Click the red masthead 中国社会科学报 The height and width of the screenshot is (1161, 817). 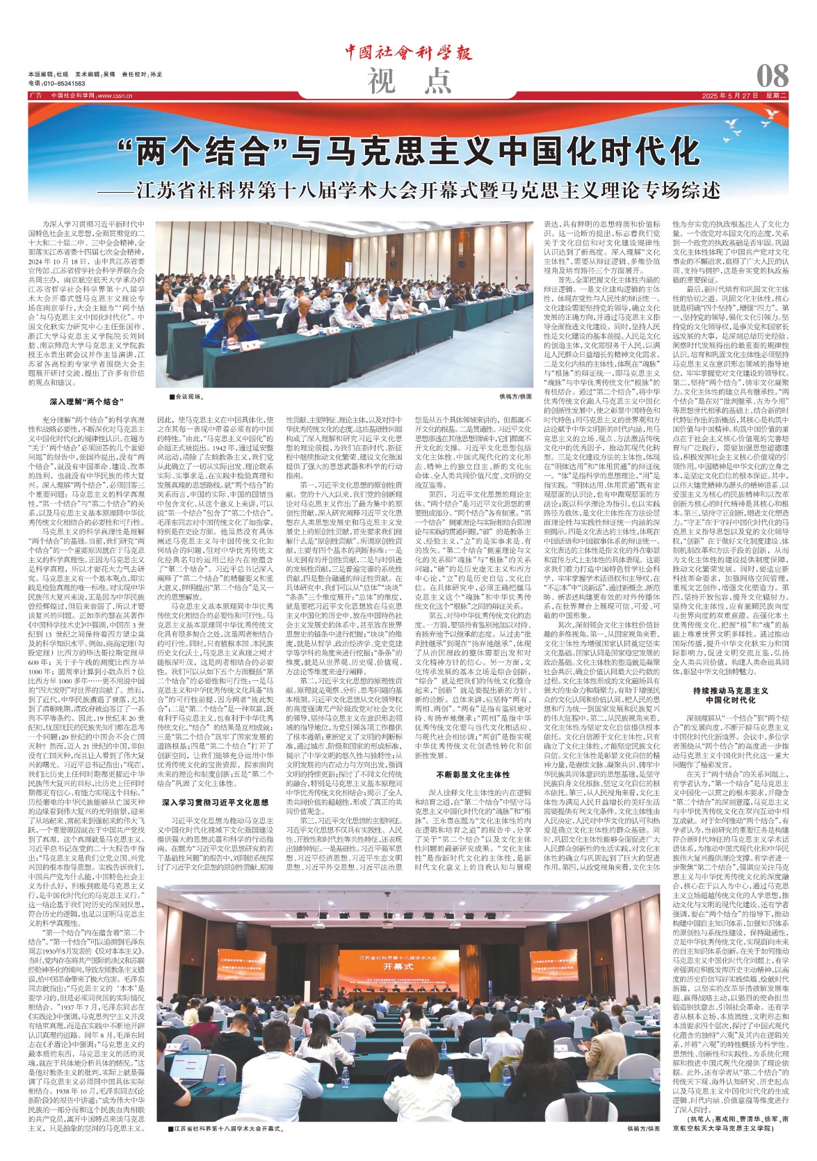point(408,53)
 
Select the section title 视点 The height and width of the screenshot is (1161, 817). point(409,82)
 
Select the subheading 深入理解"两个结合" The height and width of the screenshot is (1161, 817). point(86,401)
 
